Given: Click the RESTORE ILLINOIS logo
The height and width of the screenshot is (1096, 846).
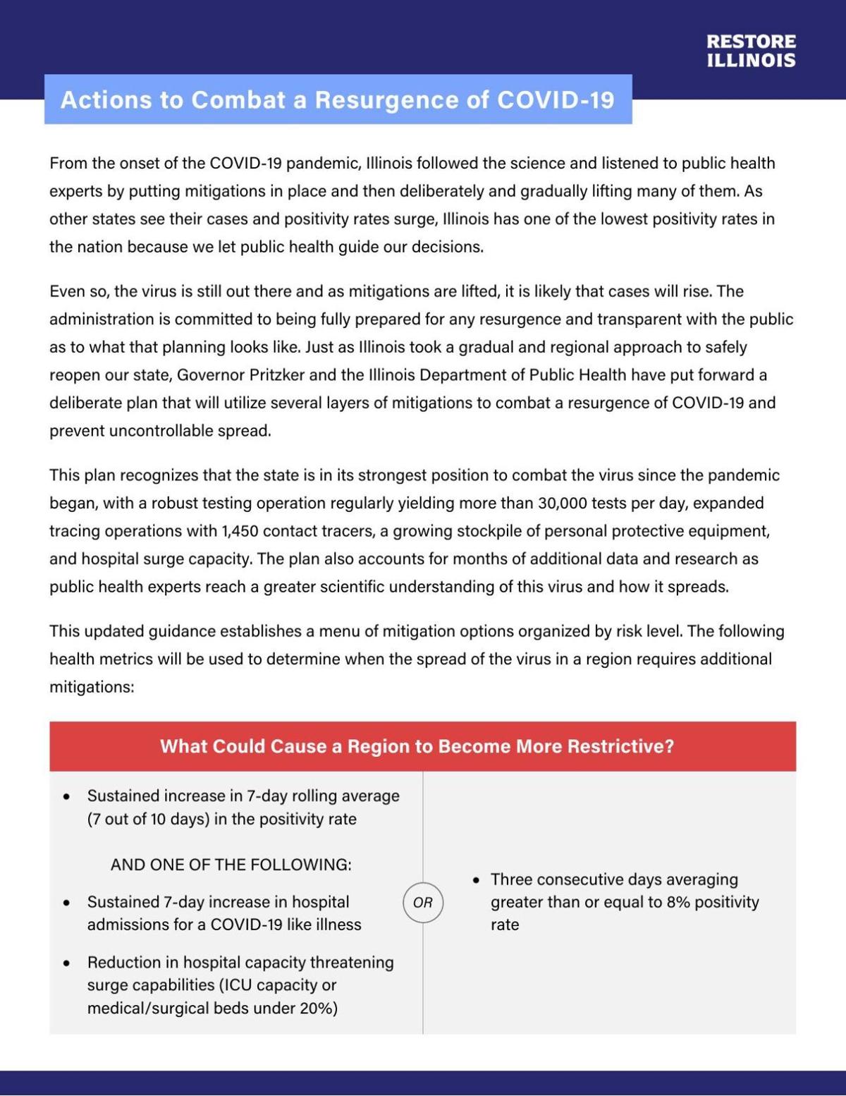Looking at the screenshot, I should point(751,51).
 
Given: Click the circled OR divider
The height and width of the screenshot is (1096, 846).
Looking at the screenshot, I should point(423,902).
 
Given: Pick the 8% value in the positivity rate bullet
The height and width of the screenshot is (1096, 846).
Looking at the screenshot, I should point(678,902).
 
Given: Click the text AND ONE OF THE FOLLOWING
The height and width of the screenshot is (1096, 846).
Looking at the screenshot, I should point(231,865).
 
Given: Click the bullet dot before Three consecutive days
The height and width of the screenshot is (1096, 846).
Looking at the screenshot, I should point(477,880).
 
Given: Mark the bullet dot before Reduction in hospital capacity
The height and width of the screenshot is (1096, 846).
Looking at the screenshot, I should point(66,963).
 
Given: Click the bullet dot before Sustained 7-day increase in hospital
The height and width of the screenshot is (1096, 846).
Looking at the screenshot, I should point(66,903).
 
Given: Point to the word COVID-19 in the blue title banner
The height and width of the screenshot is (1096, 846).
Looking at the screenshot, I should point(556,99).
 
